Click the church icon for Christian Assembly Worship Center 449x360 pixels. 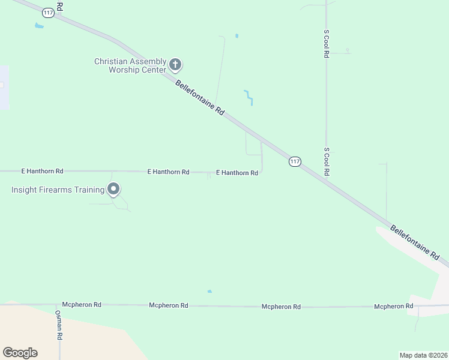(175, 64)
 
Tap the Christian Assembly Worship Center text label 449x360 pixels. (130, 65)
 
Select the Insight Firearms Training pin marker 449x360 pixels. (113, 190)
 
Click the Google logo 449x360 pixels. (20, 353)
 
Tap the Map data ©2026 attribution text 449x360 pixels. (423, 355)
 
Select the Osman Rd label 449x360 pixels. (59, 325)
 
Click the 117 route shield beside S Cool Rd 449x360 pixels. (295, 161)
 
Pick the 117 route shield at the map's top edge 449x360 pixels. (49, 13)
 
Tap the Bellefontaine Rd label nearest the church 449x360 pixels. (200, 98)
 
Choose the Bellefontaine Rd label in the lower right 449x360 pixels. (415, 242)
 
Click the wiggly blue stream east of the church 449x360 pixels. (249, 97)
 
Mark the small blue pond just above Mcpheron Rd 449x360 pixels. (209, 292)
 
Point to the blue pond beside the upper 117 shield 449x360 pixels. (40, 26)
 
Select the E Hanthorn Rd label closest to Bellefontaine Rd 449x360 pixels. (237, 173)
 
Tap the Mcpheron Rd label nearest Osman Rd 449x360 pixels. (82, 304)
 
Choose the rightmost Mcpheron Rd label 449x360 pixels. (393, 307)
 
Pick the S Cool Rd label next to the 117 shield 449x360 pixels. (327, 161)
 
